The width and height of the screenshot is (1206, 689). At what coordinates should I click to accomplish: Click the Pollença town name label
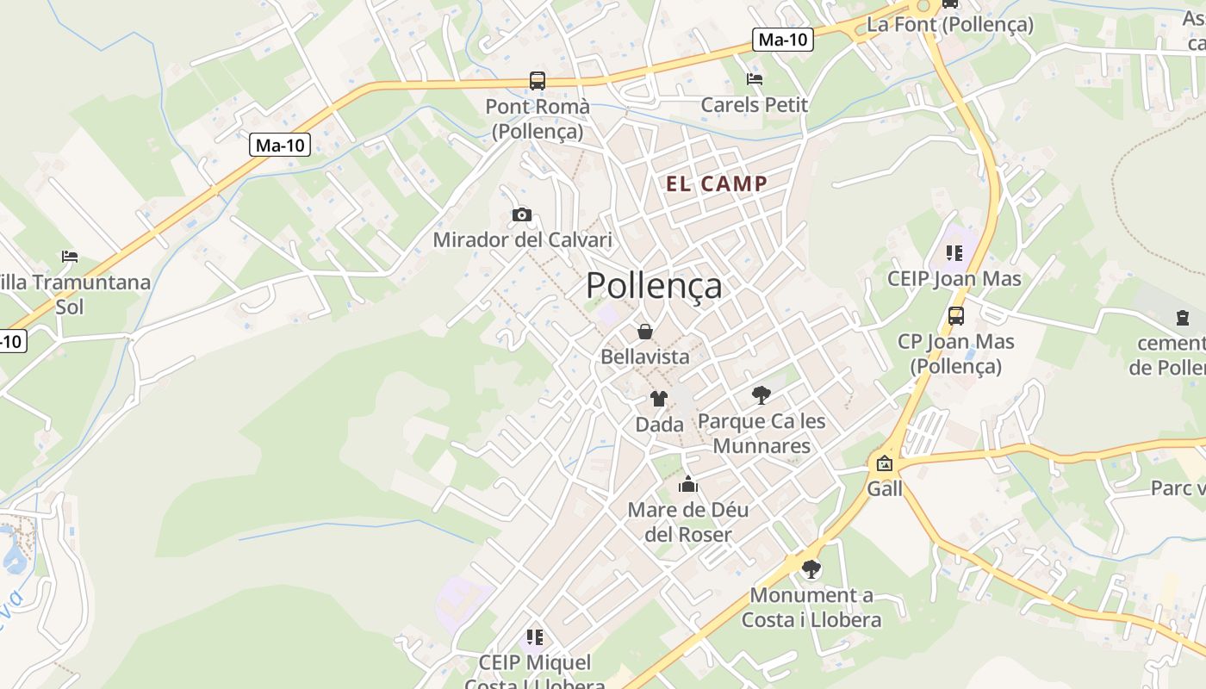point(654,286)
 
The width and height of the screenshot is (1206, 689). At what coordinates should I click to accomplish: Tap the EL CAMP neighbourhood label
point(716,183)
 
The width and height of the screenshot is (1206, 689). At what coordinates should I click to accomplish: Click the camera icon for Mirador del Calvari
point(521,214)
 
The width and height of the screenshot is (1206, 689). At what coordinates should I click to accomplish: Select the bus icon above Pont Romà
point(538,81)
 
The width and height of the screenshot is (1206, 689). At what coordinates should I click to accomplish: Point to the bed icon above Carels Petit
point(755,79)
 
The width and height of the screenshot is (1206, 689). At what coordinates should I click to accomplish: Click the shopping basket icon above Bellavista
point(644,332)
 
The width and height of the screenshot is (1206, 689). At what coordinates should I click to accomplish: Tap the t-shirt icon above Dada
point(659,398)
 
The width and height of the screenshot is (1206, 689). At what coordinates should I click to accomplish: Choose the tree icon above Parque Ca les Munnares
point(761,395)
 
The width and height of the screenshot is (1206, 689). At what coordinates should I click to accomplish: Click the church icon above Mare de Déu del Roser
point(687,484)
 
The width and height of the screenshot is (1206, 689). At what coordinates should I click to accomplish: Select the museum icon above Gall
point(885,463)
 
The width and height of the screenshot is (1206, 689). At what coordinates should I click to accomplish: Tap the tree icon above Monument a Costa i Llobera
point(811,568)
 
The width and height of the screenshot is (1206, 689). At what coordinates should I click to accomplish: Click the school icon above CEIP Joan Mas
point(954,253)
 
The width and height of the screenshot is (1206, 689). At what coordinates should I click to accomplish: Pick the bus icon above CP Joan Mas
point(956,315)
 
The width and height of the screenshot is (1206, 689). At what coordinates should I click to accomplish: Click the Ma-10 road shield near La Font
point(784,39)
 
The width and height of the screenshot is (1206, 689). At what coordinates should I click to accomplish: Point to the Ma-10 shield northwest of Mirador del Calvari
point(280,145)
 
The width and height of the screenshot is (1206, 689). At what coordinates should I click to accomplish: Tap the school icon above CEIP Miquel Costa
point(534,637)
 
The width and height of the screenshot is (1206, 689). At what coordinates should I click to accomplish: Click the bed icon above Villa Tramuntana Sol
point(70,256)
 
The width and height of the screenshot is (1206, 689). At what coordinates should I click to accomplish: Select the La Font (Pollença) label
point(949,24)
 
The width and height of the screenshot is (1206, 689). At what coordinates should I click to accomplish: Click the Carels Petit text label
point(755,105)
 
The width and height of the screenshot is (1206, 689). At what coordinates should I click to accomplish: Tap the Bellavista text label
point(645,357)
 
